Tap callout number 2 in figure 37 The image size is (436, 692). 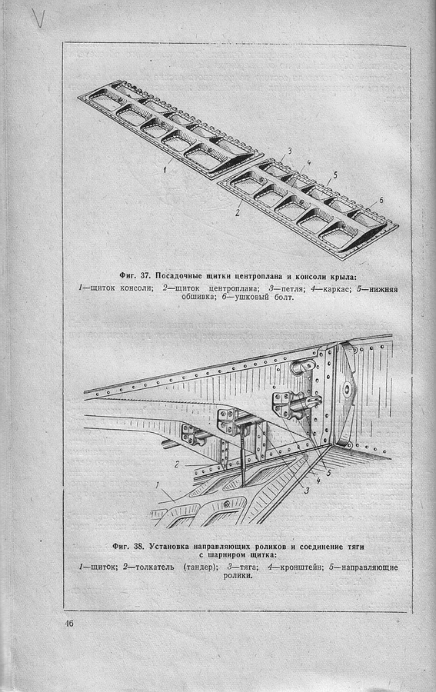pyautogui.click(x=237, y=213)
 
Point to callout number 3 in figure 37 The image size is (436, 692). pyautogui.click(x=289, y=151)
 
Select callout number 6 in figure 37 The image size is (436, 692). pyautogui.click(x=381, y=201)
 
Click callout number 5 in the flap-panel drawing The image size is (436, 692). pyautogui.click(x=335, y=175)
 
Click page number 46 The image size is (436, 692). pyautogui.click(x=68, y=624)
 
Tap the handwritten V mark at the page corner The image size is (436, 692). pyautogui.click(x=39, y=18)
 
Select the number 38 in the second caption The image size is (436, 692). pyautogui.click(x=139, y=547)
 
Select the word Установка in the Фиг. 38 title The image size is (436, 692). pyautogui.click(x=169, y=547)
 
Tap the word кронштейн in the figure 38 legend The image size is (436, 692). pyautogui.click(x=300, y=567)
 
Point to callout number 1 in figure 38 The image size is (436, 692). pyautogui.click(x=157, y=485)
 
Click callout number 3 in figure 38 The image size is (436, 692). pyautogui.click(x=307, y=491)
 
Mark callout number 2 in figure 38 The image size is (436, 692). pyautogui.click(x=177, y=464)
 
